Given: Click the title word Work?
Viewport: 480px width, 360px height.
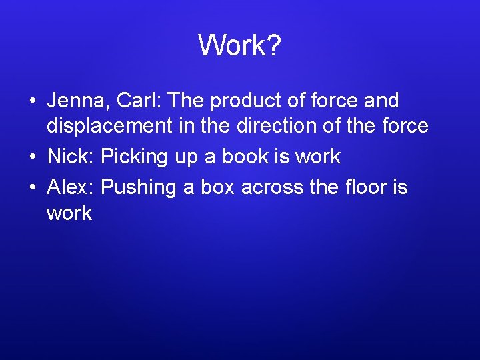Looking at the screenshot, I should [x=239, y=46].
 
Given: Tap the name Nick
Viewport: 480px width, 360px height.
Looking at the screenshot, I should [x=71, y=157].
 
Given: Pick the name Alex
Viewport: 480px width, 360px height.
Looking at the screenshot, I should [x=71, y=187].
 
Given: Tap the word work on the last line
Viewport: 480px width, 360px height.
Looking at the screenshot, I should [x=69, y=214].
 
